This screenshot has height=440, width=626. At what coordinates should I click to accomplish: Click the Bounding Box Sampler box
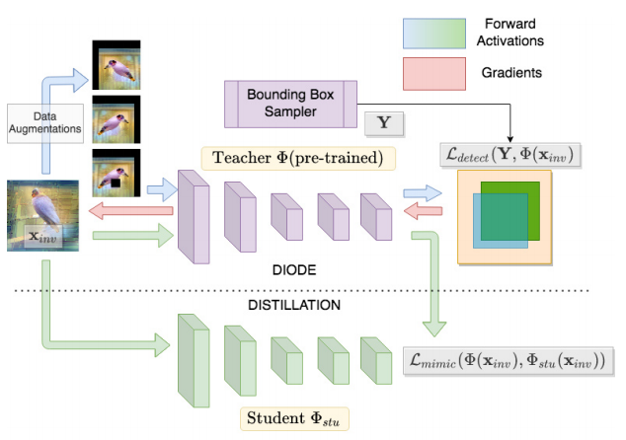(x=283, y=102)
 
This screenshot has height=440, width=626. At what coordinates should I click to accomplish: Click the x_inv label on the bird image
(x=41, y=237)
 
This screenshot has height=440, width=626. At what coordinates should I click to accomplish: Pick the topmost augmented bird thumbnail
(x=116, y=66)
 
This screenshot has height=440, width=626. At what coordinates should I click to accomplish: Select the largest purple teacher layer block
(x=194, y=216)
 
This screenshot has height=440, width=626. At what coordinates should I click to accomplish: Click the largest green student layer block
(x=194, y=363)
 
